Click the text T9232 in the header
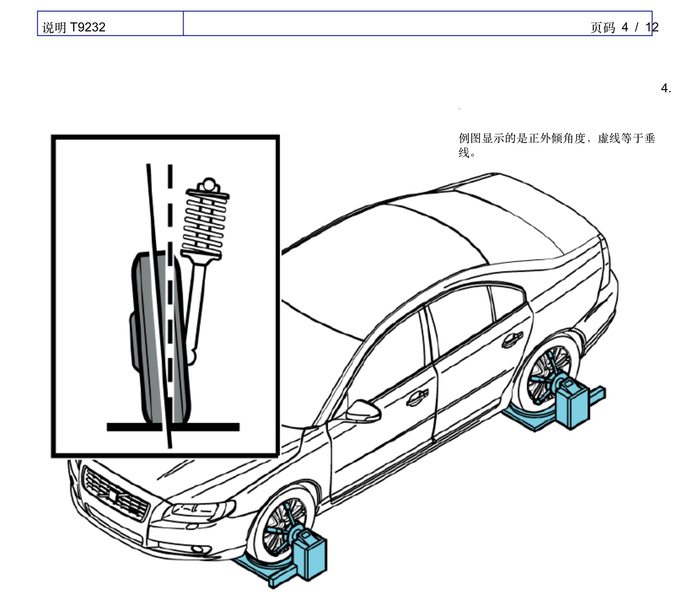click(88, 27)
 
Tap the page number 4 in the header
click(625, 27)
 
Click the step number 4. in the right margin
click(666, 88)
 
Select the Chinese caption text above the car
click(557, 145)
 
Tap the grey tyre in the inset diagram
click(160, 337)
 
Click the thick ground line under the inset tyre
click(173, 427)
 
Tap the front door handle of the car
click(417, 396)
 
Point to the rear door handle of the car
click(512, 339)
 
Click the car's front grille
click(115, 493)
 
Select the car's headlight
click(199, 510)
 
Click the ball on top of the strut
click(208, 183)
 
